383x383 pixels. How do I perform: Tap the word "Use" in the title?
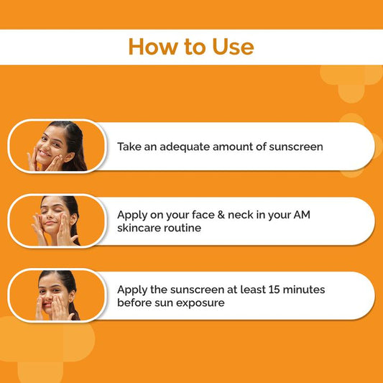click(x=230, y=47)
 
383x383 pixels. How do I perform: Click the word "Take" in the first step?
click(x=130, y=147)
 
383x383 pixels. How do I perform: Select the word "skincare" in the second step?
click(x=141, y=228)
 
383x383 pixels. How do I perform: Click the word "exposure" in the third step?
click(x=203, y=303)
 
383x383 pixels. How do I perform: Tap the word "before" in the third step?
click(x=135, y=303)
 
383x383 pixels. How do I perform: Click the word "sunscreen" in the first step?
click(x=295, y=147)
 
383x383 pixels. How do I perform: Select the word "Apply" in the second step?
click(x=133, y=214)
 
